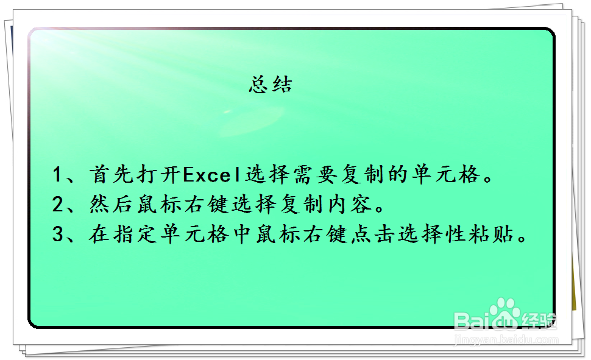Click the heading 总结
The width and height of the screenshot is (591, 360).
pos(271,84)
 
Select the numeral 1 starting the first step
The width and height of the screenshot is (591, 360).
pos(58,175)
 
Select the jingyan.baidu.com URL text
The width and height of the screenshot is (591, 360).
pos(506,340)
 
